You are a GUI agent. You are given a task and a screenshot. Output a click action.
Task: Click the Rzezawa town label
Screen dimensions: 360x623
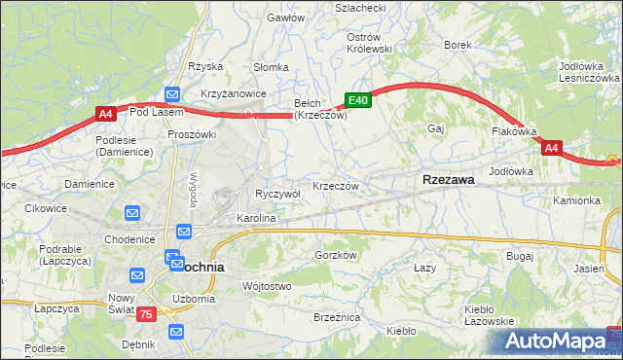(x=448, y=180)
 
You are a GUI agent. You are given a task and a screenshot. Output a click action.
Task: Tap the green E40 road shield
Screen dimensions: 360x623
(x=357, y=100)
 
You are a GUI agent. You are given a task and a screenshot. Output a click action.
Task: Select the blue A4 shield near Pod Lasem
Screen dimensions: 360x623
(x=106, y=115)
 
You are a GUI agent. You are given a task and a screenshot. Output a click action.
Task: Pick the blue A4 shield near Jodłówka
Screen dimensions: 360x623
(x=552, y=148)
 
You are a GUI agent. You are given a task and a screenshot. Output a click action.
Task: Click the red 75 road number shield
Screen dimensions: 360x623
(x=145, y=312)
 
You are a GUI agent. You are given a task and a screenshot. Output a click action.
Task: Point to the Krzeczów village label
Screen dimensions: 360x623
(x=336, y=186)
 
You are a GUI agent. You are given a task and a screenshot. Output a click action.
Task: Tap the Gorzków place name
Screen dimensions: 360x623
(x=337, y=255)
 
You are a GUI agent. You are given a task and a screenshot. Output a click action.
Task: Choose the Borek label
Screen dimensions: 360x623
(x=458, y=45)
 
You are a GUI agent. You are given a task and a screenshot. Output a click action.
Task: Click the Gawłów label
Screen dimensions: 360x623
(x=286, y=18)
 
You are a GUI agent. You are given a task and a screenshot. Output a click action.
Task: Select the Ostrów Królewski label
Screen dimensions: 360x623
(x=369, y=42)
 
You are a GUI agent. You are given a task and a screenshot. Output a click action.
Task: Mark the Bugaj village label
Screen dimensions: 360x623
(x=520, y=255)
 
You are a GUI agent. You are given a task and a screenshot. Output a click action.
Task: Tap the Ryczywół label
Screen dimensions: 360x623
(x=277, y=194)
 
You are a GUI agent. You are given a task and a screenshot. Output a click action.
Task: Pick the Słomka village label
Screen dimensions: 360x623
(x=271, y=67)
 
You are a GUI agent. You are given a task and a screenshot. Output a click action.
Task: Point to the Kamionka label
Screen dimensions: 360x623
(x=577, y=200)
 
